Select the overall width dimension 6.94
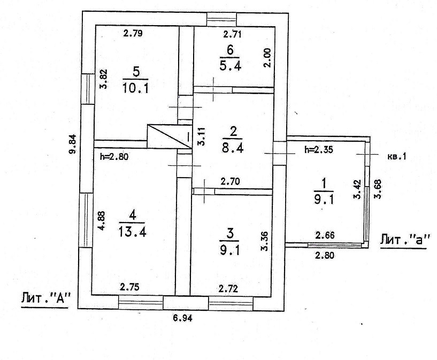[182, 318]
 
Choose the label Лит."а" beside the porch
[405, 239]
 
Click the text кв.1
[396, 157]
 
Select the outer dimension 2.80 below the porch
[324, 256]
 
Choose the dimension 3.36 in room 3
[263, 242]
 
